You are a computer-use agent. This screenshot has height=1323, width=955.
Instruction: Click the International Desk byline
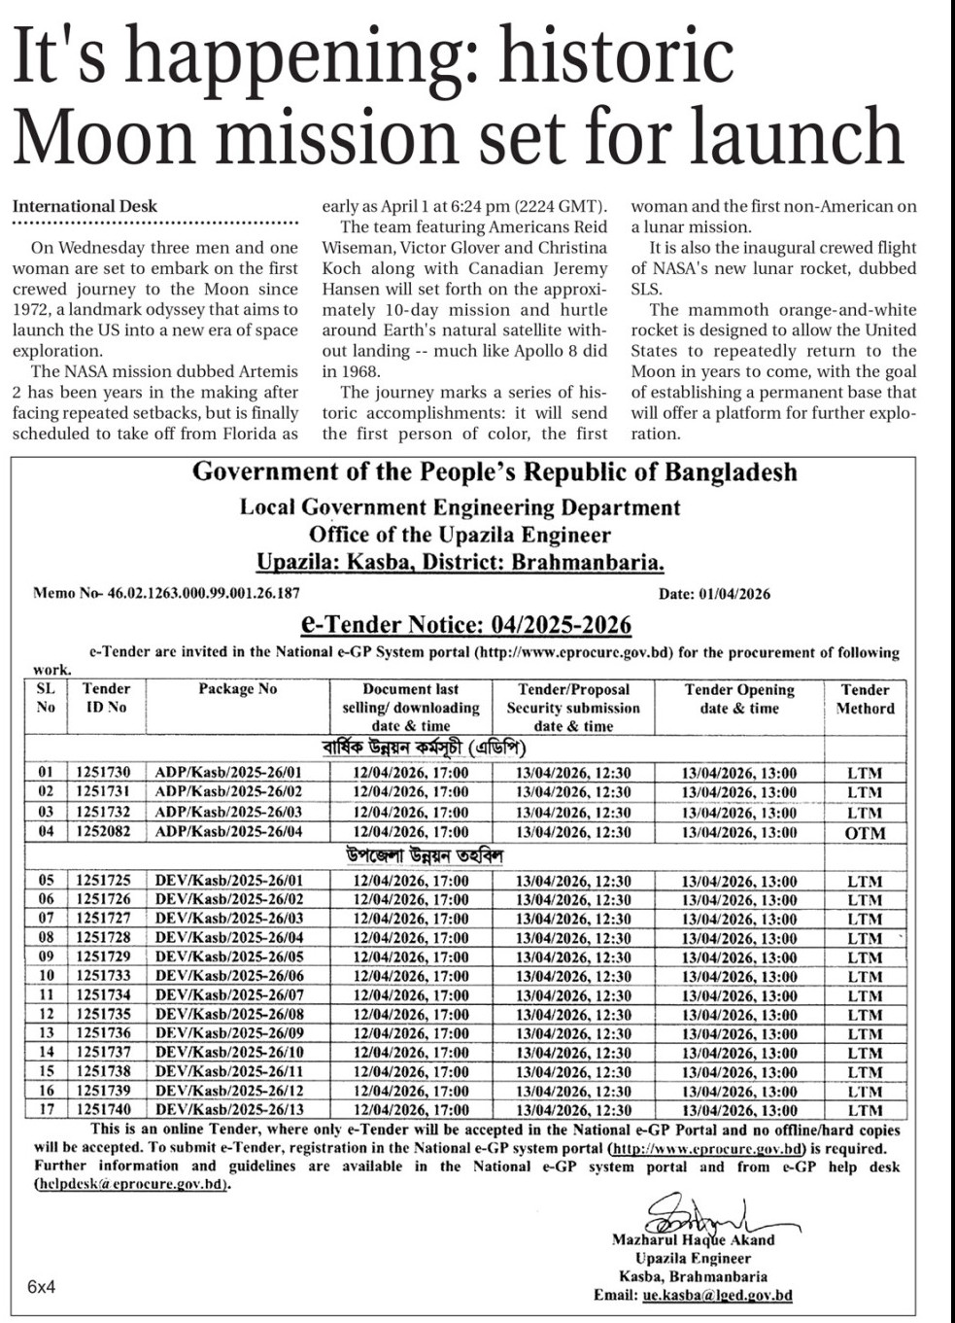coord(85,206)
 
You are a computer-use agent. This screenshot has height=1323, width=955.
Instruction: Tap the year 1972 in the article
coord(32,310)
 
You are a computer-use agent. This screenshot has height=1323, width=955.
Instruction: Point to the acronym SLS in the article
coord(645,289)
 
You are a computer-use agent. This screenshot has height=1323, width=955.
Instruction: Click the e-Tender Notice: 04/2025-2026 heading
coord(466,624)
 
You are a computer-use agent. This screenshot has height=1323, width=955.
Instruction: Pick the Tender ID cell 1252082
coord(103,832)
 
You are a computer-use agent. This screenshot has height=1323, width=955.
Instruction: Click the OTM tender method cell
coord(865,833)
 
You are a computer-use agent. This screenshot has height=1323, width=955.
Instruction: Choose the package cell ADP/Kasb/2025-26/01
coord(228,774)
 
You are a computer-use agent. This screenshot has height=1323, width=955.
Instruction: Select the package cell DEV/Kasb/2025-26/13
coord(229,1109)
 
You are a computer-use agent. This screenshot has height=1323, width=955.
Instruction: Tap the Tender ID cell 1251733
coord(103,976)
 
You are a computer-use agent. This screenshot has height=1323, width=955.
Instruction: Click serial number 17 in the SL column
coord(46,1109)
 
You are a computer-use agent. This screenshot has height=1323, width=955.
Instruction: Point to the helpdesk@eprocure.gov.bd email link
coord(131,1185)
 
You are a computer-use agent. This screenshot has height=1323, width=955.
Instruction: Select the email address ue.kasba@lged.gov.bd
coord(717,1295)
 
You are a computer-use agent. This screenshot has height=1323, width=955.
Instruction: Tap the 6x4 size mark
coord(41,1287)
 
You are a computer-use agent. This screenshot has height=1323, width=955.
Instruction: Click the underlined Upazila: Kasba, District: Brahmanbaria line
coord(460,562)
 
